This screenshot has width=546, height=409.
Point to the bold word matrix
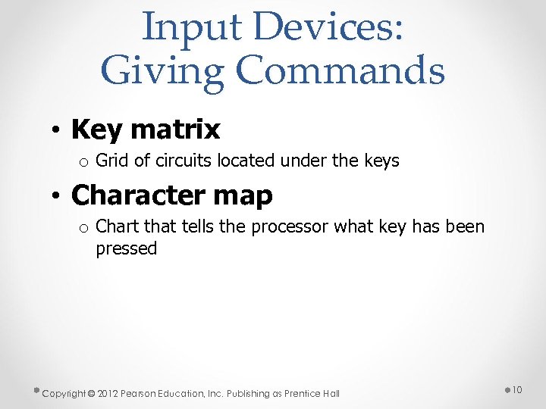tap(175, 130)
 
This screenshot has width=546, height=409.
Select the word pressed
tap(126, 248)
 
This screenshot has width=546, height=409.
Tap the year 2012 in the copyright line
tap(108, 393)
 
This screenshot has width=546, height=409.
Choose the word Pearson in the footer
tap(140, 393)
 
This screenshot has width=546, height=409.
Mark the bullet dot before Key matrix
tap(57, 131)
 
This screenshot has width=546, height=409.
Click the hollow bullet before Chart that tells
tap(84, 228)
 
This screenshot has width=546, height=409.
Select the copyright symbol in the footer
tap(90, 393)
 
